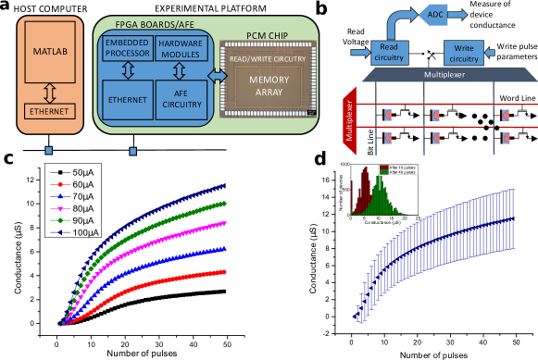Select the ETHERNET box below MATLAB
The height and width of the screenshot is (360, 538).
(51, 112)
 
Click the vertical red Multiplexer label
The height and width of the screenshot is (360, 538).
(350, 124)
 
